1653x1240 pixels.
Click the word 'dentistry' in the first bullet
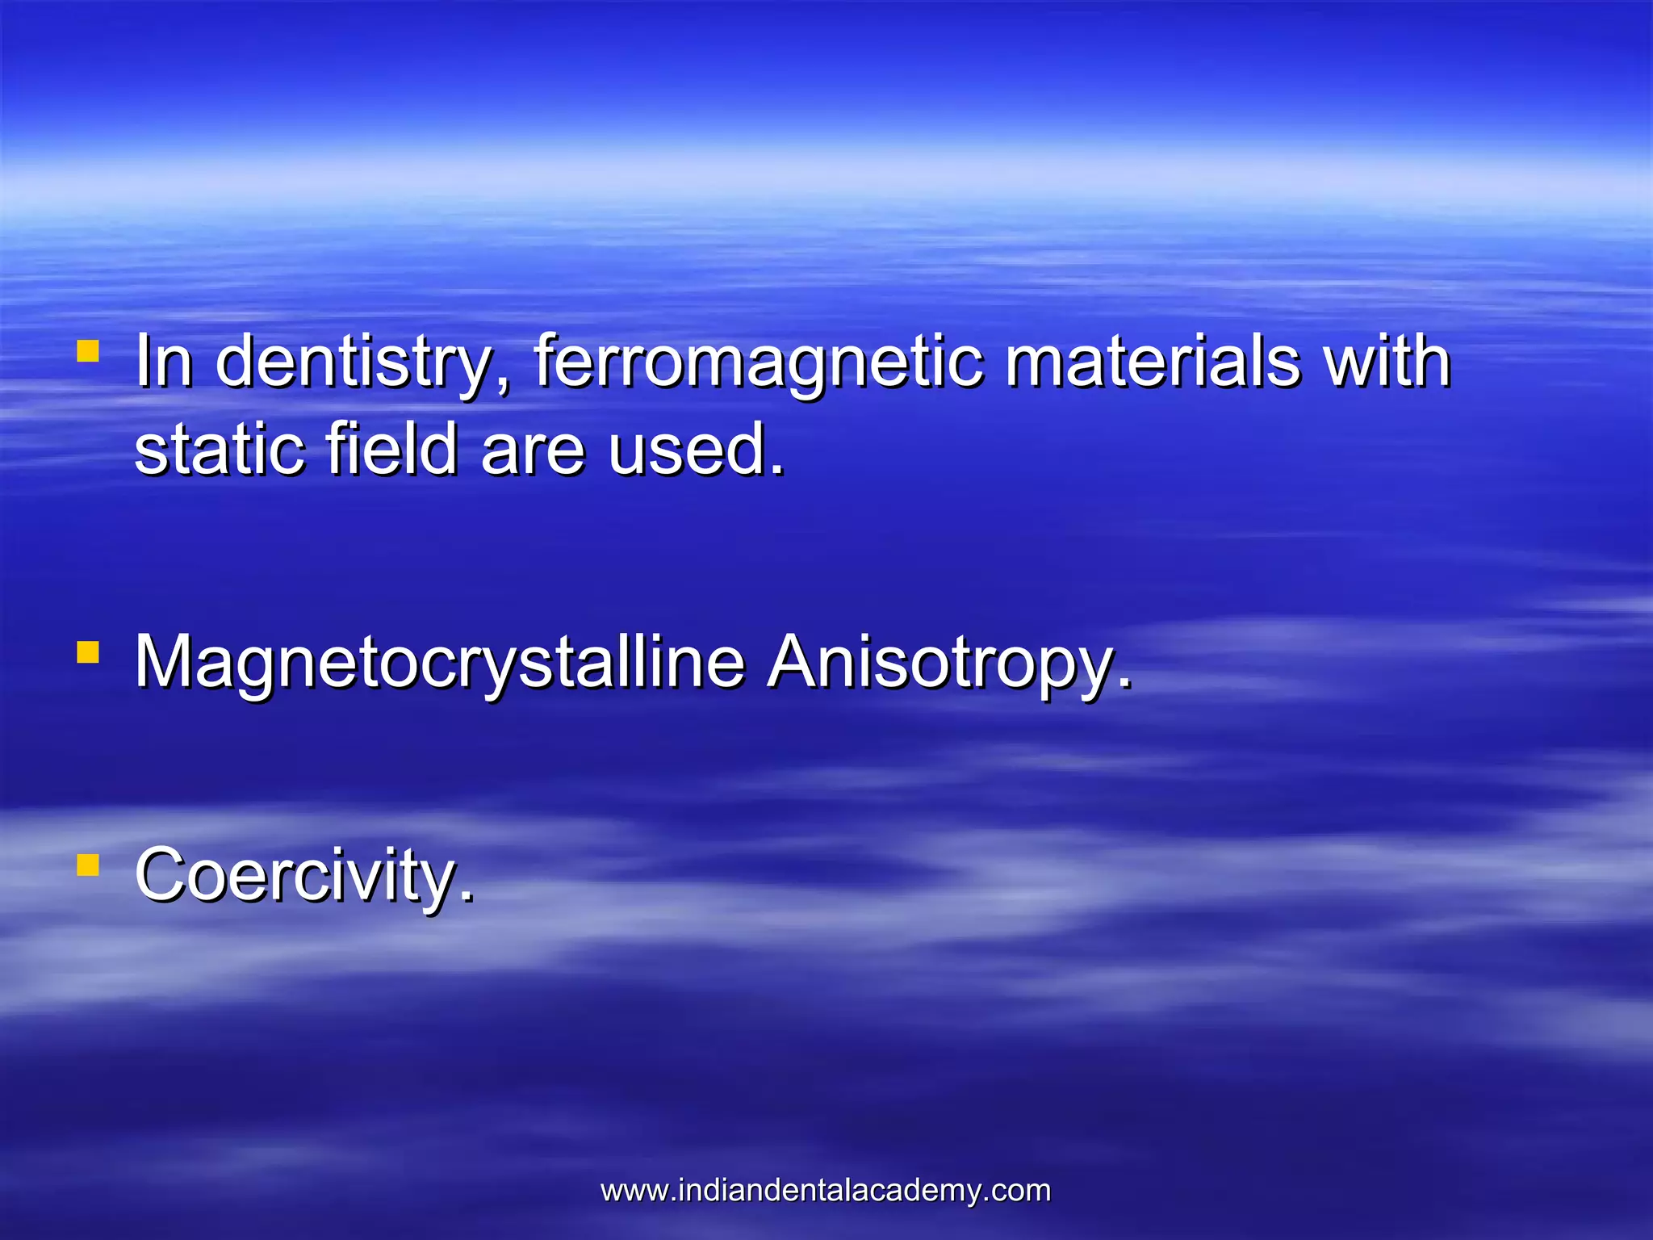point(354,363)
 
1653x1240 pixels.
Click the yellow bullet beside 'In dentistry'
point(88,351)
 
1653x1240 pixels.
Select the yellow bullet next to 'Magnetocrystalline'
point(88,651)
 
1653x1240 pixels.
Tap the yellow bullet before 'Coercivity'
point(88,865)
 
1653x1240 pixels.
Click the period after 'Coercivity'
point(467,898)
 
